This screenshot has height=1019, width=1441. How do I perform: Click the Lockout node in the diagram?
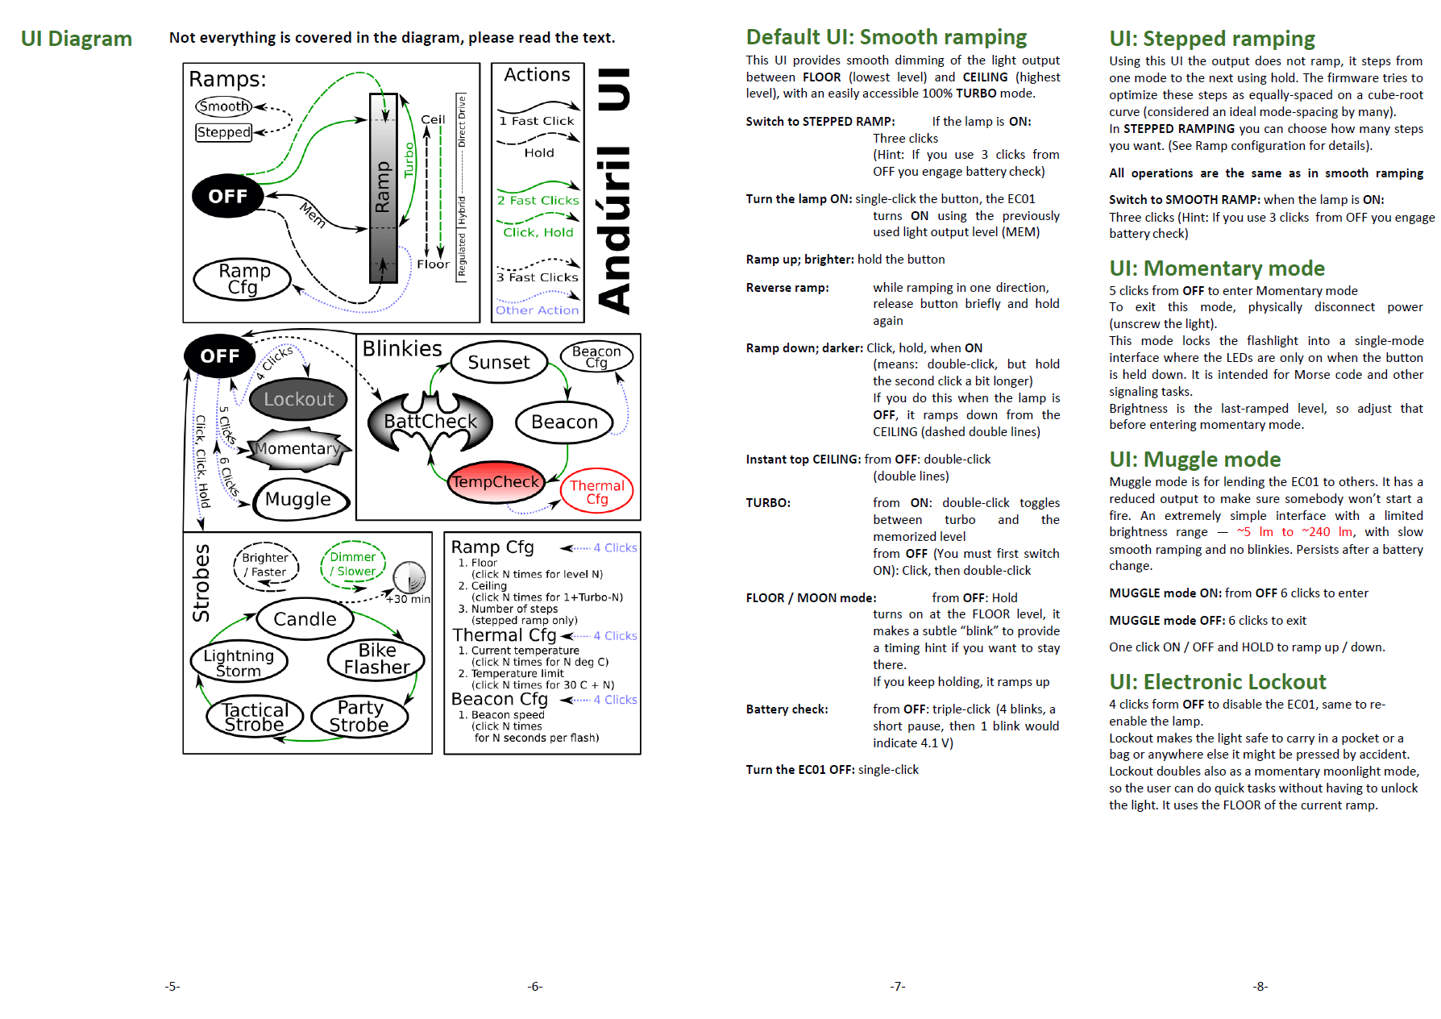[298, 399]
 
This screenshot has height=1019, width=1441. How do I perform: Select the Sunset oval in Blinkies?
[499, 363]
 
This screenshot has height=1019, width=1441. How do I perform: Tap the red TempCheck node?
[495, 482]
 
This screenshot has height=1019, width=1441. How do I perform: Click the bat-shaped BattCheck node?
[430, 422]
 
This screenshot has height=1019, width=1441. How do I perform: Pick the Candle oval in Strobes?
[305, 619]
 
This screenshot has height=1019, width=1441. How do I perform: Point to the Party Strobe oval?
[359, 716]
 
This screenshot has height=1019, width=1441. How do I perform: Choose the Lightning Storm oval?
[239, 663]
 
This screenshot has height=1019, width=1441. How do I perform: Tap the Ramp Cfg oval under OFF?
[243, 279]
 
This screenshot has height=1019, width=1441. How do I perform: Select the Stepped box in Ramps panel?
[224, 132]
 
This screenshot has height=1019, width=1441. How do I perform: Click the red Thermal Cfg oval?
[597, 492]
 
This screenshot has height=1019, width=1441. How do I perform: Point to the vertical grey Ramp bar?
[383, 188]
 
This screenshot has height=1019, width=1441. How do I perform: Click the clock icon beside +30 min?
[409, 577]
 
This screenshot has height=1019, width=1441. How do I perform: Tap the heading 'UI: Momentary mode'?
[1217, 268]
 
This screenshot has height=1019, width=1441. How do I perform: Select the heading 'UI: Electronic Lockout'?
[1217, 682]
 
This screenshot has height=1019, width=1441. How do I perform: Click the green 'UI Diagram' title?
[77, 39]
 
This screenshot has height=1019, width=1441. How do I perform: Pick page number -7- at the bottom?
[898, 986]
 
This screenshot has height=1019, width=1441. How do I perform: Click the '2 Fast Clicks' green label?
[538, 201]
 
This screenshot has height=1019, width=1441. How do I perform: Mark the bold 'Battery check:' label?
[787, 709]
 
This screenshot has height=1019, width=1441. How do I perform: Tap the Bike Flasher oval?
[376, 659]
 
